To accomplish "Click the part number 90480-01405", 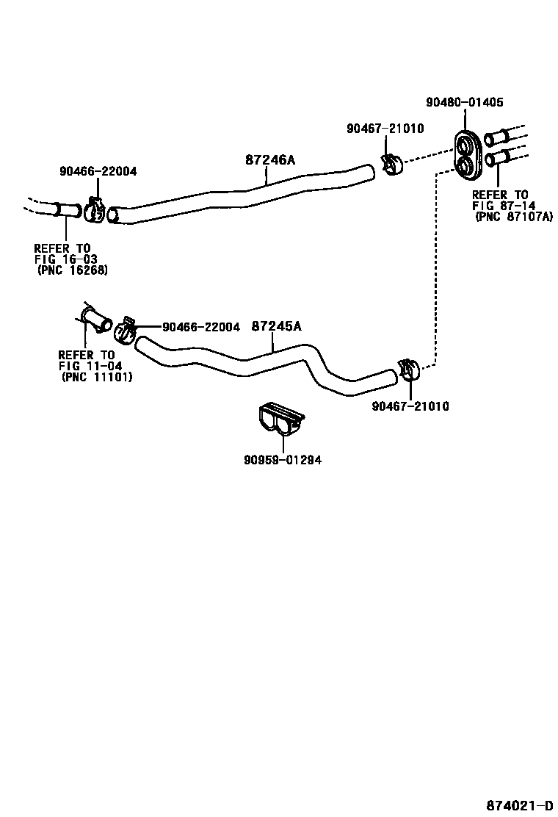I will (465, 103).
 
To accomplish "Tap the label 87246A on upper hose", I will (269, 159).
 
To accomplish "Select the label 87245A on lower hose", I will (276, 326).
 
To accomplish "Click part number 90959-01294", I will (283, 460).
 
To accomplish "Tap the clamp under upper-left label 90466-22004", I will (94, 209).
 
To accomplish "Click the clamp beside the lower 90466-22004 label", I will (126, 330).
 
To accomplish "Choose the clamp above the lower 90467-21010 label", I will (408, 370).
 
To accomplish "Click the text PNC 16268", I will (73, 270).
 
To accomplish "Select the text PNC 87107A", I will (512, 217).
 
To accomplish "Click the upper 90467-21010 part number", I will (385, 129).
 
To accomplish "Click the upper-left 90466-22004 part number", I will (98, 171).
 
